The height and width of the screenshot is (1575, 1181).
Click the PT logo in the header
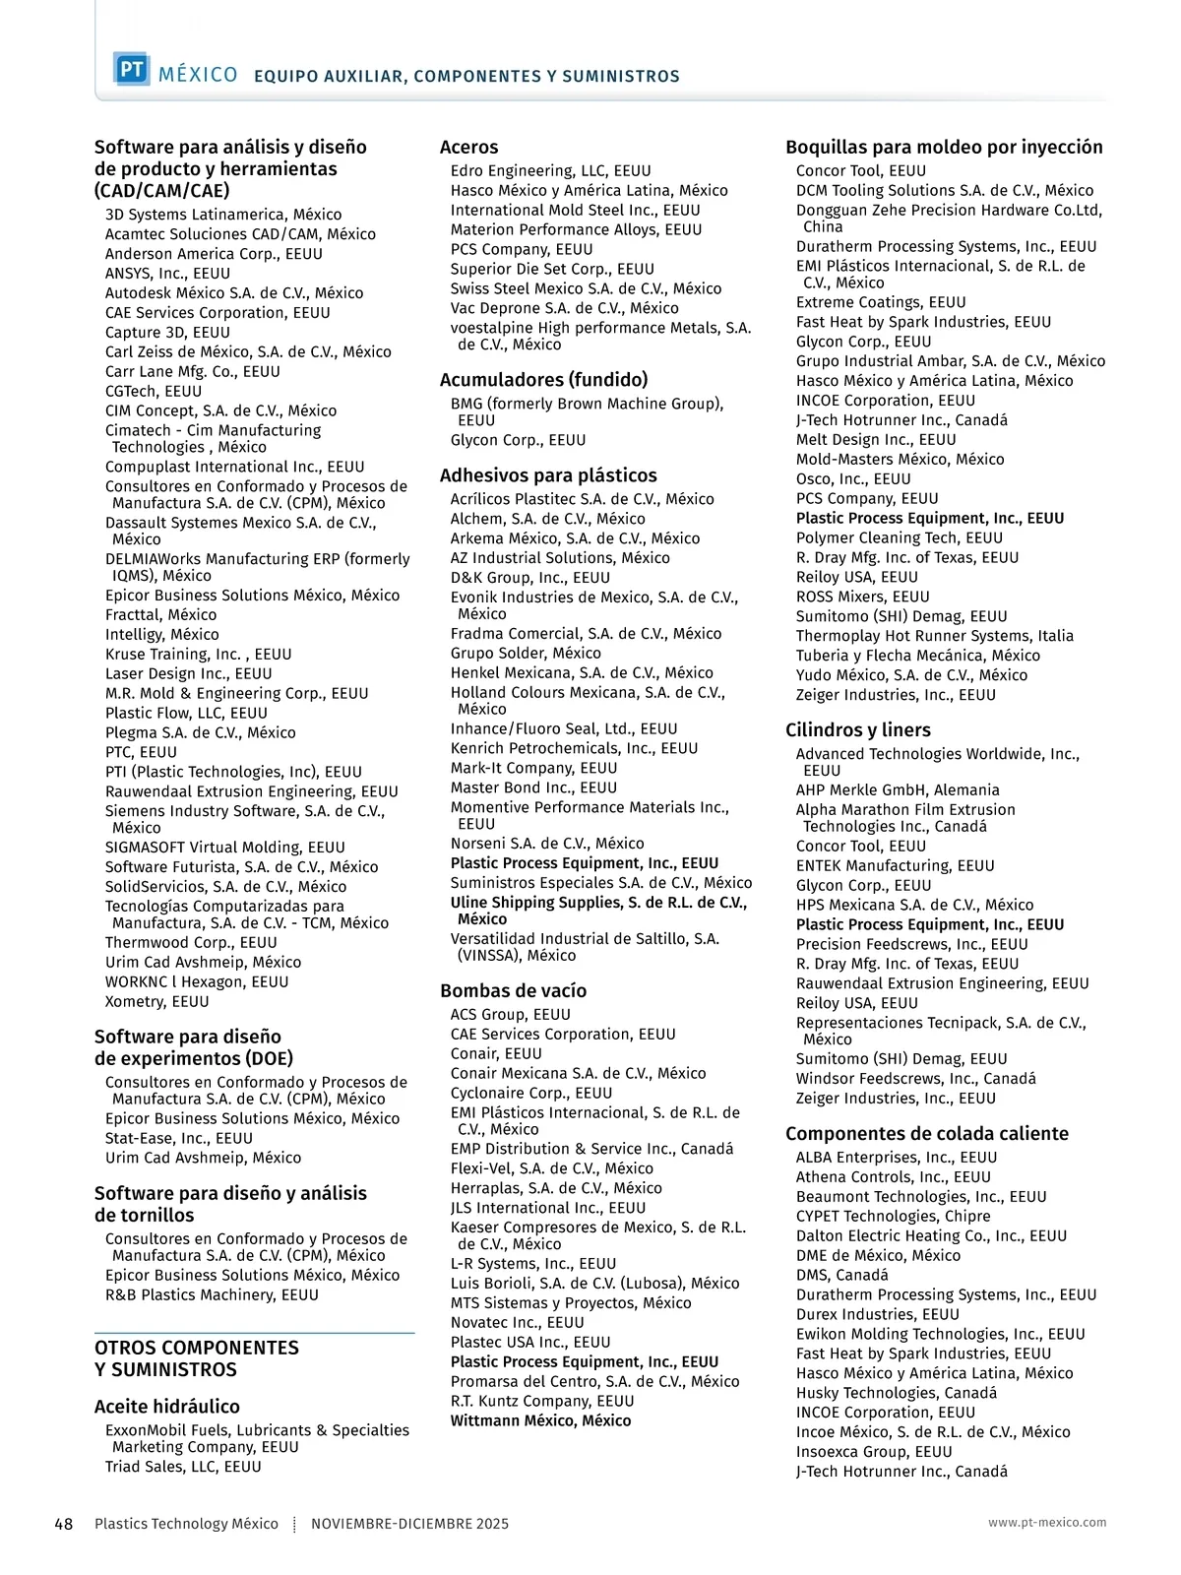[x=131, y=70]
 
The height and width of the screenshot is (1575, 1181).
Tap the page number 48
[x=63, y=1524]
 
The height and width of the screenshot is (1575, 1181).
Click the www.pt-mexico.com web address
[x=1047, y=1522]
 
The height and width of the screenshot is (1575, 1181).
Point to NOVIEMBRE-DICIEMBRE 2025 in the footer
[x=409, y=1524]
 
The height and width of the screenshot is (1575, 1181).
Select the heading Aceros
[x=468, y=148]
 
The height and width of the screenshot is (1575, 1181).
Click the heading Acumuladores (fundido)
[x=543, y=380]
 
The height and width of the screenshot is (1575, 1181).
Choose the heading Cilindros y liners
[x=857, y=730]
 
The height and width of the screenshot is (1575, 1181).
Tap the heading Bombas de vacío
[x=513, y=991]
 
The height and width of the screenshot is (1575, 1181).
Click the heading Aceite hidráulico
[x=166, y=1407]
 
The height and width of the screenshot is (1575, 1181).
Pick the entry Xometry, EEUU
[x=156, y=1002]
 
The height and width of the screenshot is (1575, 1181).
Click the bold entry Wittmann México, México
[x=540, y=1421]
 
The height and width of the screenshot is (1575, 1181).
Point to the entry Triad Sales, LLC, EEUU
[x=183, y=1468]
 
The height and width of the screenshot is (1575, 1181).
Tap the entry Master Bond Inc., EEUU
[x=533, y=788]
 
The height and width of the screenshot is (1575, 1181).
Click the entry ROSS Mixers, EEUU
[x=862, y=598]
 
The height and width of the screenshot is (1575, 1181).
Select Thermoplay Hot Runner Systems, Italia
[x=934, y=637]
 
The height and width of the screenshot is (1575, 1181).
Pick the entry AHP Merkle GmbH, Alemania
[x=897, y=790]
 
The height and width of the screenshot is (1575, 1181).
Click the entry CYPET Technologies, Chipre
[x=893, y=1217]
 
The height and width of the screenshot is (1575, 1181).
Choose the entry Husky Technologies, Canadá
[x=896, y=1394]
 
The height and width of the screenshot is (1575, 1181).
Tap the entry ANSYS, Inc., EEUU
[x=167, y=274]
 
